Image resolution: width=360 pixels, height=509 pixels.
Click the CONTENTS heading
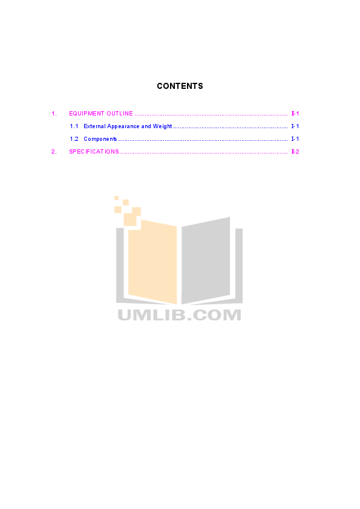[x=180, y=86]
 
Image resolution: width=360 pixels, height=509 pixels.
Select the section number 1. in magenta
[x=54, y=114]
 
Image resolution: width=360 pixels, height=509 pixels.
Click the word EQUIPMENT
[x=87, y=114]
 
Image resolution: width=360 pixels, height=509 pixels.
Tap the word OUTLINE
[x=120, y=114]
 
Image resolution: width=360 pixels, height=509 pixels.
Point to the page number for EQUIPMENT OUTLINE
[x=295, y=114]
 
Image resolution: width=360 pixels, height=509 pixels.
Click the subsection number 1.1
[x=74, y=126]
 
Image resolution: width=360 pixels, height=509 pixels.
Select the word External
[x=94, y=126]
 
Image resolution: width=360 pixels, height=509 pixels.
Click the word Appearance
[x=123, y=126]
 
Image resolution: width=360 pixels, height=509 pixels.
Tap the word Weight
[x=163, y=126]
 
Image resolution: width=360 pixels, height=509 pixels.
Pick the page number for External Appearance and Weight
[x=295, y=126]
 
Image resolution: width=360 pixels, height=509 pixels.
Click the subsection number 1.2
[x=74, y=139]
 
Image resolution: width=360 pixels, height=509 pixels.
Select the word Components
[x=100, y=139]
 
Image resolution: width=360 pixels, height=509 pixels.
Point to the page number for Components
[x=295, y=139]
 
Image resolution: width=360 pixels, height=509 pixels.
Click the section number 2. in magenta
[x=54, y=152]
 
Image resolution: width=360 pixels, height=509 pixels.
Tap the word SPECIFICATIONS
[x=94, y=152]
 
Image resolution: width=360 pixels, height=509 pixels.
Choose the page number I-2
[x=295, y=152]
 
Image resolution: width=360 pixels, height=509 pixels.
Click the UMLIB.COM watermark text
[x=179, y=315]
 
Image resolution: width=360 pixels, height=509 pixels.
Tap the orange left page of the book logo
[x=152, y=262]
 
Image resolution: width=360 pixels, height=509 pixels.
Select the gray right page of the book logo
[x=206, y=261]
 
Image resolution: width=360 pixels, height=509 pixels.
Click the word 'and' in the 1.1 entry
[x=146, y=126]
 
